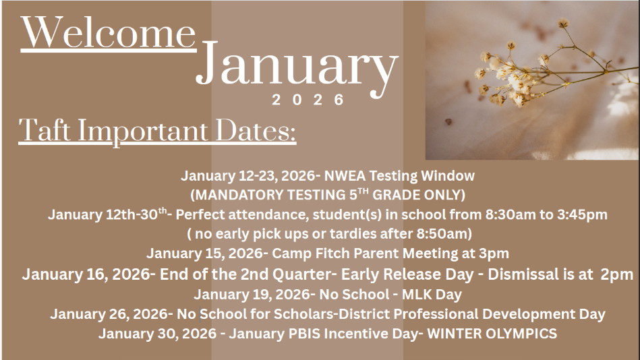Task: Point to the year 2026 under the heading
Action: point(308,100)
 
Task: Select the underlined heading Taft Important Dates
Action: point(158,129)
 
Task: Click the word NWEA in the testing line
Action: point(343,176)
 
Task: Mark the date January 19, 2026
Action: point(246,295)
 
